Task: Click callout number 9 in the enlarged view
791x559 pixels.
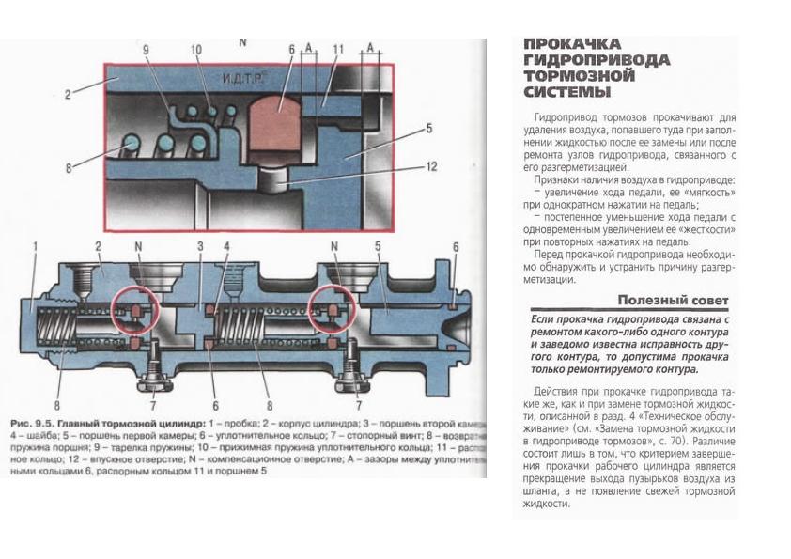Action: click(x=147, y=49)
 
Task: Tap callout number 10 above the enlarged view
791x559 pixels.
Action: click(x=195, y=49)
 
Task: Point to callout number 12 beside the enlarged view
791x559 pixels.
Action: click(x=431, y=166)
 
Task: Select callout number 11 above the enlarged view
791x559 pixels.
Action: click(x=338, y=49)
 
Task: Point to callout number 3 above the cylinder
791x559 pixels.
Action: click(x=200, y=247)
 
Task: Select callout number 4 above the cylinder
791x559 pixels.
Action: click(x=226, y=247)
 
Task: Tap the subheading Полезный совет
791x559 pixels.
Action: click(x=673, y=300)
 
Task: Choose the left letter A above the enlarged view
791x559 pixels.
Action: click(x=312, y=47)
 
